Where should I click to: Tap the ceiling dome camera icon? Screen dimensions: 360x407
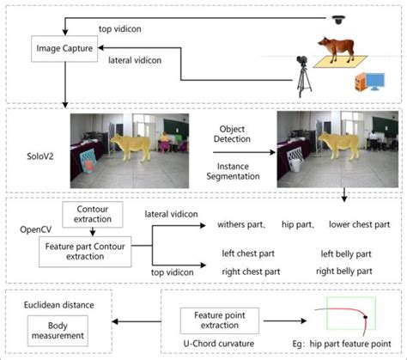click(x=338, y=18)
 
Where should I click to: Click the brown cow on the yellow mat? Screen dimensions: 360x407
click(x=333, y=49)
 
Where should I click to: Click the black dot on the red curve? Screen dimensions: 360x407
click(x=366, y=320)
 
